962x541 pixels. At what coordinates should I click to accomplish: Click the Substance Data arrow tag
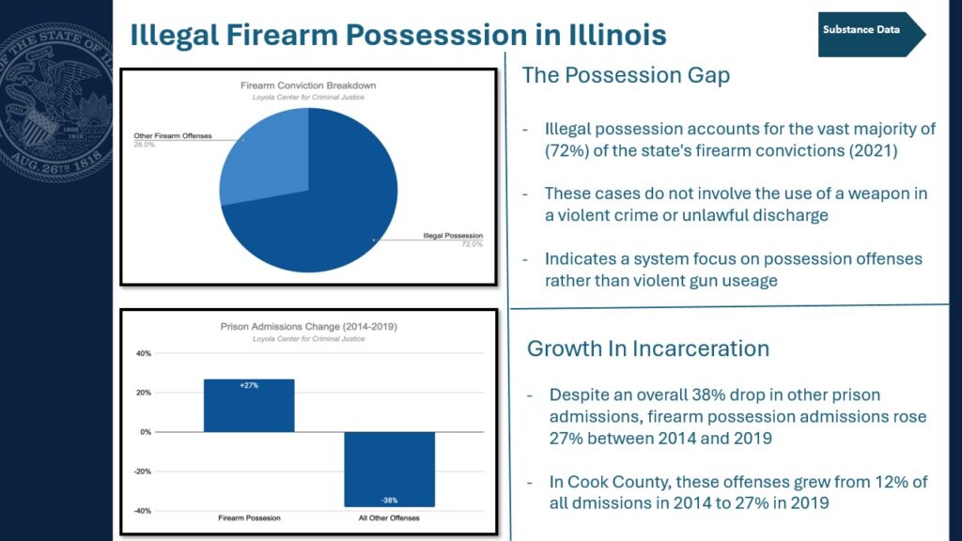(871, 35)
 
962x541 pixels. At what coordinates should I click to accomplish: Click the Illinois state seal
(56, 102)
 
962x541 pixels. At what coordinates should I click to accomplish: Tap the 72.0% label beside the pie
(473, 244)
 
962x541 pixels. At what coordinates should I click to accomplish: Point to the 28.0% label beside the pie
(144, 145)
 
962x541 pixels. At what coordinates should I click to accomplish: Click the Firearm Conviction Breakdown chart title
(308, 85)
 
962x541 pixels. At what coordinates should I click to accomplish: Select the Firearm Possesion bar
(249, 406)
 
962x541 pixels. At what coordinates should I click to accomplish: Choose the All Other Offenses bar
(389, 470)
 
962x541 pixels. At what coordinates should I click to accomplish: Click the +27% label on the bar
(249, 385)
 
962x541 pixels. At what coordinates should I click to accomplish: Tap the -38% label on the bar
(389, 500)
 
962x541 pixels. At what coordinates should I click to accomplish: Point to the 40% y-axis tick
(143, 353)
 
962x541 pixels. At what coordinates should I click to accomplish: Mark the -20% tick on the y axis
(142, 471)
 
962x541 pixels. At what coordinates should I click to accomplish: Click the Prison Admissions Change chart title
(308, 326)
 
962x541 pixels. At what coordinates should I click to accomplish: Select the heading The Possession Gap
(626, 75)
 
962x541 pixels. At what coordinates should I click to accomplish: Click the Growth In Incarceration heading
(648, 348)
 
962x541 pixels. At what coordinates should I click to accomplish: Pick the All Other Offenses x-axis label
(389, 518)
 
